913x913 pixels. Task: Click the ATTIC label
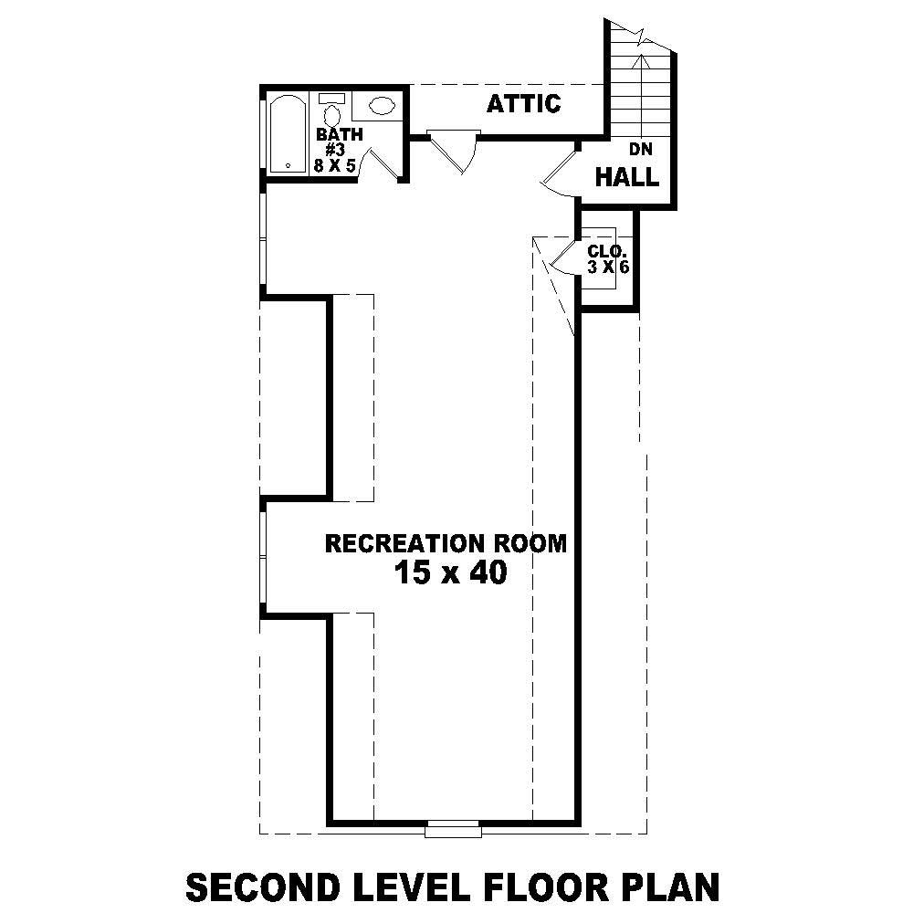point(523,104)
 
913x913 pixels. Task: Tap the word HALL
point(626,177)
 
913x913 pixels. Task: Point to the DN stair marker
point(638,149)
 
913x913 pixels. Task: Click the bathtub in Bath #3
point(289,132)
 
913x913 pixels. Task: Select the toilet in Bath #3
point(331,111)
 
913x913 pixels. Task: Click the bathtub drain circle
point(289,165)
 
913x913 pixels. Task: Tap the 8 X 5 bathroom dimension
point(340,166)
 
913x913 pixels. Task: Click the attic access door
point(452,150)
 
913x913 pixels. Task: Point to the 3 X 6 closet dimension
point(609,267)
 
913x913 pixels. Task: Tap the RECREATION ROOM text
point(446,544)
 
